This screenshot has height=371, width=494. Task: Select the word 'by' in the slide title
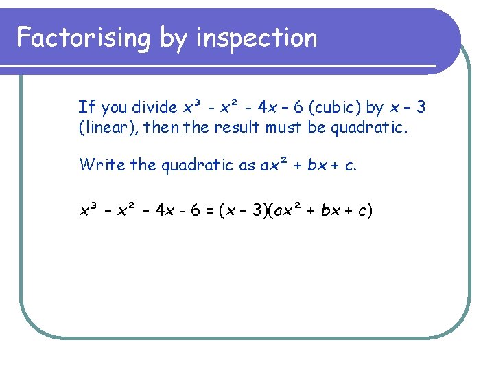point(174,39)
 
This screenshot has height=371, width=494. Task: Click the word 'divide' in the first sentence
point(155,108)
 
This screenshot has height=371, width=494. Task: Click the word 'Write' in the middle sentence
point(99,166)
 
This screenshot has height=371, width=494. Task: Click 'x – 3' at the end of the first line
point(408,108)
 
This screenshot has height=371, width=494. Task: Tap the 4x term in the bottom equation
point(166,210)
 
